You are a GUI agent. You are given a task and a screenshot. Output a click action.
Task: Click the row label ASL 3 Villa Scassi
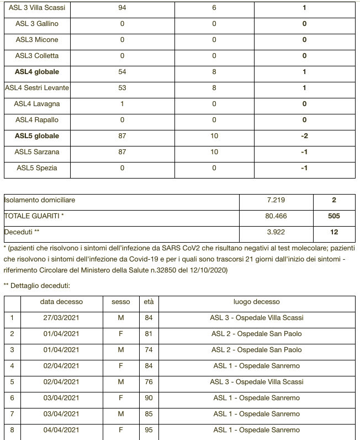point(37,8)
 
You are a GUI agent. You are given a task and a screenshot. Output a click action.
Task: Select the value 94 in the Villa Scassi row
point(122,8)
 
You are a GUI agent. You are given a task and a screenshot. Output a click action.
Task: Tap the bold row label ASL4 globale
point(37,72)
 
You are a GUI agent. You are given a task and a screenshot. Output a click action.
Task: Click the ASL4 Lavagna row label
point(37,104)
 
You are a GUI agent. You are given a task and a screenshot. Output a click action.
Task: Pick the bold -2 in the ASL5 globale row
point(304,136)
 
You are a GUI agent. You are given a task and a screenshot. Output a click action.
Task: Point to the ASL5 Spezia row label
point(37,168)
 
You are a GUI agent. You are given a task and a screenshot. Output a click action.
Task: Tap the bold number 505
point(334,217)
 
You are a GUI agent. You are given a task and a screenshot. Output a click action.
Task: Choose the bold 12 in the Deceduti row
point(334,233)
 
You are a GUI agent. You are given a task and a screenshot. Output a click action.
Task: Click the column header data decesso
point(61,302)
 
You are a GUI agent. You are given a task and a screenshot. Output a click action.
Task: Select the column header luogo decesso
point(257,302)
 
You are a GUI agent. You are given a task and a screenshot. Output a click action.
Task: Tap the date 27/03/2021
point(61,318)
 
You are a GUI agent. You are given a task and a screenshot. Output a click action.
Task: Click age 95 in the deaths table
point(149,430)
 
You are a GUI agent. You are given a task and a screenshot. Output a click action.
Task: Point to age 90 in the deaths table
point(149,398)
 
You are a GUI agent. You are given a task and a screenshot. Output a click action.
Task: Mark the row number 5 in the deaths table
point(12,382)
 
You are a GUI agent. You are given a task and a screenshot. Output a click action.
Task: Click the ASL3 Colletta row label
point(37,56)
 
